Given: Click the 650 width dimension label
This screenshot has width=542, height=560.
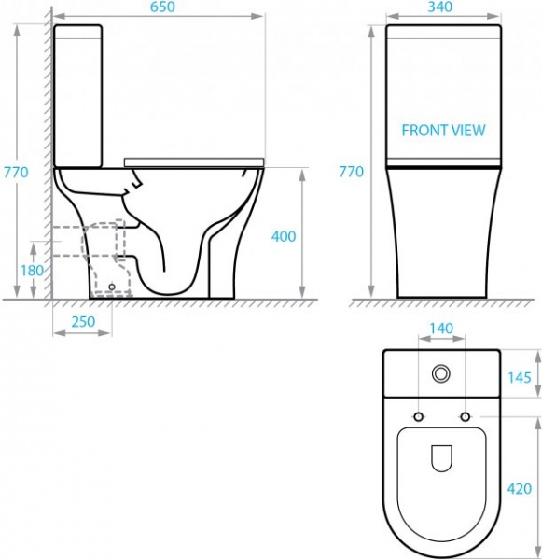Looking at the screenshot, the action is pyautogui.click(x=162, y=7).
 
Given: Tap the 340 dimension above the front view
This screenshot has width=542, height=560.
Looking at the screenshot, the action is pyautogui.click(x=439, y=7).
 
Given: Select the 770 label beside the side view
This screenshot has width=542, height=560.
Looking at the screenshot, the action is pyautogui.click(x=16, y=172).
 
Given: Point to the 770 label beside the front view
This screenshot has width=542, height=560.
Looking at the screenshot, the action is pyautogui.click(x=352, y=172).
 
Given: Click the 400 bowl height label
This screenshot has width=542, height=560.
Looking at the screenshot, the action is pyautogui.click(x=284, y=236).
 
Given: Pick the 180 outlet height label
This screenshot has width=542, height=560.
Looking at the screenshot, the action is pyautogui.click(x=32, y=271).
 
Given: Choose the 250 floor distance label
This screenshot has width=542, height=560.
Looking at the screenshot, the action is pyautogui.click(x=83, y=322).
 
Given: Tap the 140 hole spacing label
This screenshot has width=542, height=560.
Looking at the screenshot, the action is pyautogui.click(x=441, y=329).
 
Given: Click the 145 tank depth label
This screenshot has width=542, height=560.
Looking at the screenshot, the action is pyautogui.click(x=520, y=377).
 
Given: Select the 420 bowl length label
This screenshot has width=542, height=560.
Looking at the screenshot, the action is pyautogui.click(x=520, y=488).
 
